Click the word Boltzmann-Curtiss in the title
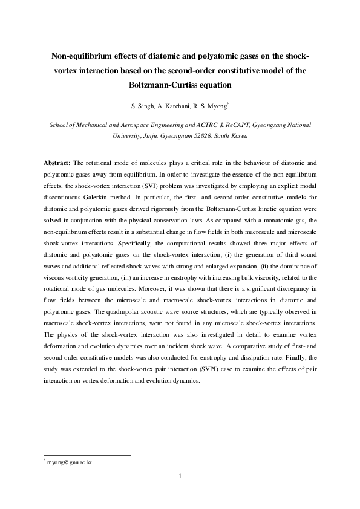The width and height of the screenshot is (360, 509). pyautogui.click(x=180, y=85)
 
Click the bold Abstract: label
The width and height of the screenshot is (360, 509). pyautogui.click(x=58, y=163)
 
